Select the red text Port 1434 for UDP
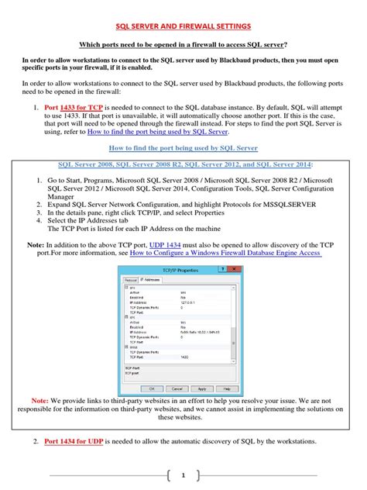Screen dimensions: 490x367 click(x=75, y=441)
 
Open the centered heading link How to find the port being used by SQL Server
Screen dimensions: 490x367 click(x=183, y=147)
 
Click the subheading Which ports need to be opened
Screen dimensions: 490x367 click(x=183, y=44)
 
